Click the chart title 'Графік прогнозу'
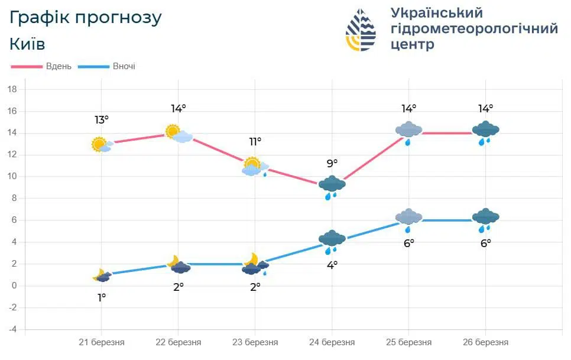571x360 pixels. [86, 18]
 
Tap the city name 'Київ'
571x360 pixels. [27, 44]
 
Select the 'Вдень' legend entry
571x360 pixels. [59, 66]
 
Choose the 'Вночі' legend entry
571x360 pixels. [124, 66]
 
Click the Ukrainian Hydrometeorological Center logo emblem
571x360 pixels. [361, 30]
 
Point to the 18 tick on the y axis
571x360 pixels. [12, 89]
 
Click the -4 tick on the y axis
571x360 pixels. [12, 329]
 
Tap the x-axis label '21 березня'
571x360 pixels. [102, 342]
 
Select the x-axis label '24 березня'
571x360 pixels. [332, 342]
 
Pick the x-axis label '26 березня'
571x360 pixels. [486, 342]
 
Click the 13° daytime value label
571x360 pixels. [102, 120]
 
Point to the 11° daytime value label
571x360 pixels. [255, 141]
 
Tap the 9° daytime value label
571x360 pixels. [332, 163]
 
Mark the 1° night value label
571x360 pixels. [102, 297]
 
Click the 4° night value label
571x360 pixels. [332, 265]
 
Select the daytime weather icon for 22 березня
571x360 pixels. [179, 134]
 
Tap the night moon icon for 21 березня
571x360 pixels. [102, 275]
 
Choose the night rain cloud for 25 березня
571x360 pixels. [408, 219]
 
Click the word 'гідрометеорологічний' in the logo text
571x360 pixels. [474, 29]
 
